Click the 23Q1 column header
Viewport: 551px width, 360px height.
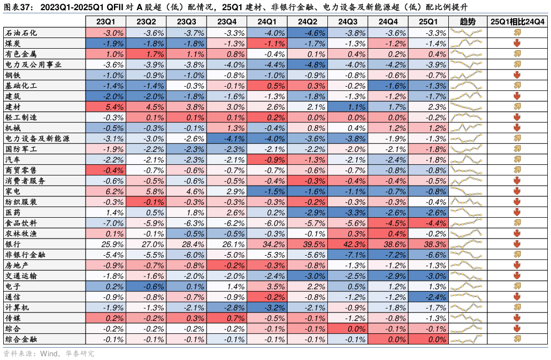105,21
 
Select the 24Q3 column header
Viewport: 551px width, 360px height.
348,21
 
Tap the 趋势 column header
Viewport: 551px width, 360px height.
467,21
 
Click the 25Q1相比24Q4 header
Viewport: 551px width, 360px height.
517,21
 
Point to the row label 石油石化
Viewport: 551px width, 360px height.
21,33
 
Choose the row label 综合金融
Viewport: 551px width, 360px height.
21,339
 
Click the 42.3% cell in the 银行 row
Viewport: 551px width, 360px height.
348,244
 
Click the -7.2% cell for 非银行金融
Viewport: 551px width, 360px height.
388,255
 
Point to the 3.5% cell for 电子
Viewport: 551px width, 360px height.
267,287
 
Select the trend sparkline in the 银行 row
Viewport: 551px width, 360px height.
467,244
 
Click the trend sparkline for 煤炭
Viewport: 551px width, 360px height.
467,43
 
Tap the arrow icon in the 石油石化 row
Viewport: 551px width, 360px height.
517,33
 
